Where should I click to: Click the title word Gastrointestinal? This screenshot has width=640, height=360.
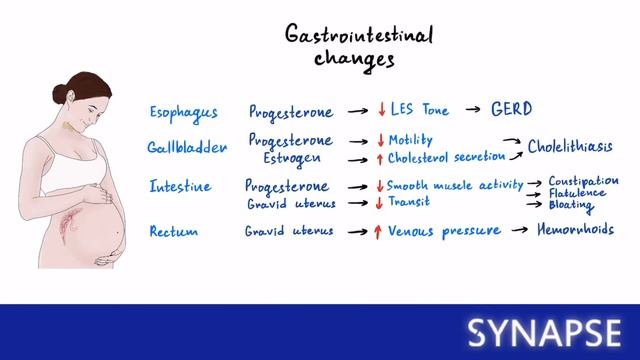[x=346, y=36]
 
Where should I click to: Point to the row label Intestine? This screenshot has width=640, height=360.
[x=180, y=187]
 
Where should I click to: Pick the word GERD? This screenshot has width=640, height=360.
[x=510, y=109]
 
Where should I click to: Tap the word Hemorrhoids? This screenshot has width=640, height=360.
[x=575, y=231]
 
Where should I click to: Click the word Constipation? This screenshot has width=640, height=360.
[x=583, y=181]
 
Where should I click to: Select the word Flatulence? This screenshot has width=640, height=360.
[x=577, y=194]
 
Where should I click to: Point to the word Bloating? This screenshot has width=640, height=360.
[x=571, y=207]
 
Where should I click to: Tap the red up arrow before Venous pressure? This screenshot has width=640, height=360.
[x=378, y=231]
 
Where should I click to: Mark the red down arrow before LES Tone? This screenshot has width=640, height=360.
[x=381, y=110]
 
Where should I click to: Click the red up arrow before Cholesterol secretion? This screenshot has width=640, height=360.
[x=380, y=158]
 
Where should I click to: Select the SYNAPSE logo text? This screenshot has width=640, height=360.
[x=546, y=331]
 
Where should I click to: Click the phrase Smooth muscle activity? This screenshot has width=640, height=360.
[x=455, y=185]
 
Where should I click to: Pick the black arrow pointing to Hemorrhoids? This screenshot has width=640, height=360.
[x=519, y=232]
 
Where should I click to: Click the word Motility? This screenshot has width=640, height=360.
[x=410, y=140]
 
